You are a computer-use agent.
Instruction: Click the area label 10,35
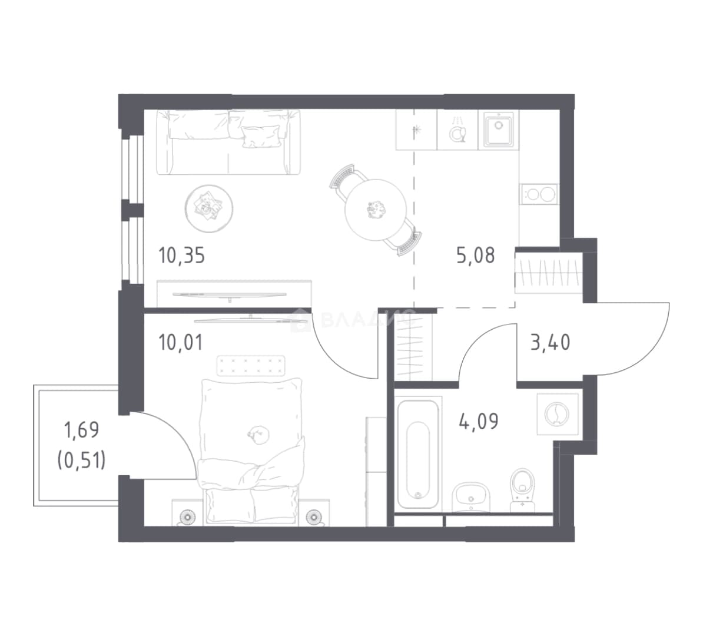(x=181, y=256)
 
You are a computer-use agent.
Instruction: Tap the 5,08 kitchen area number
(x=476, y=256)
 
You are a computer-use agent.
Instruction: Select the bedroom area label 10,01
(x=181, y=343)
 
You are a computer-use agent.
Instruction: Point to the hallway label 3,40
(x=551, y=343)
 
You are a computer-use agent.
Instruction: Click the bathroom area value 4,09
(x=479, y=422)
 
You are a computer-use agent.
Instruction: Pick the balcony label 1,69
(x=82, y=430)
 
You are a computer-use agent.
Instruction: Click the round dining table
(x=375, y=210)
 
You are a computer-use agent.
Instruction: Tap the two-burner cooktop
(x=539, y=195)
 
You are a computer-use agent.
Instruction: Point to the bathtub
(x=418, y=454)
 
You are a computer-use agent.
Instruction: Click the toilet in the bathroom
(x=523, y=490)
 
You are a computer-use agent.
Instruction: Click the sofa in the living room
(x=228, y=142)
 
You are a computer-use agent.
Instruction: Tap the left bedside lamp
(x=186, y=518)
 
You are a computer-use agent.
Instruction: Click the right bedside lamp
(x=314, y=518)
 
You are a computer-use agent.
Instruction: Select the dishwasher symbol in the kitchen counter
(x=457, y=130)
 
